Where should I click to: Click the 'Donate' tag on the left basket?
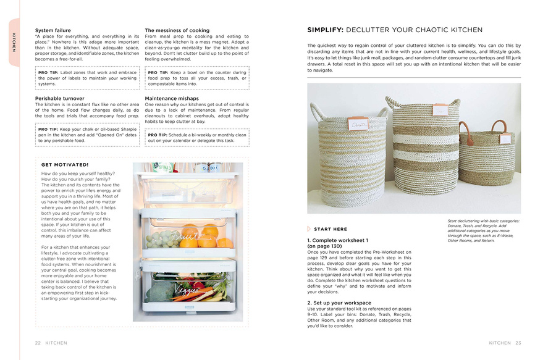point(358,124)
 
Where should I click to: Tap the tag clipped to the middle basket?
point(440,110)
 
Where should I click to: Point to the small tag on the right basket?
point(505,138)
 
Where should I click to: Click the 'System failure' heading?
point(53,30)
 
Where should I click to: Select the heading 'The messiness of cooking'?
point(177,30)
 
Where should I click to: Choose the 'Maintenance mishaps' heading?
point(172,98)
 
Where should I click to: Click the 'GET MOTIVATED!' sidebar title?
point(65,165)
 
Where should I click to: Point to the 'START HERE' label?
point(331,229)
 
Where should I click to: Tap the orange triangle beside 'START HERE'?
point(309,229)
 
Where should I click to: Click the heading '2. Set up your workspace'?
point(339,303)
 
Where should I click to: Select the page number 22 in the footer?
point(38,343)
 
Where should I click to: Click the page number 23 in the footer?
point(518,343)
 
